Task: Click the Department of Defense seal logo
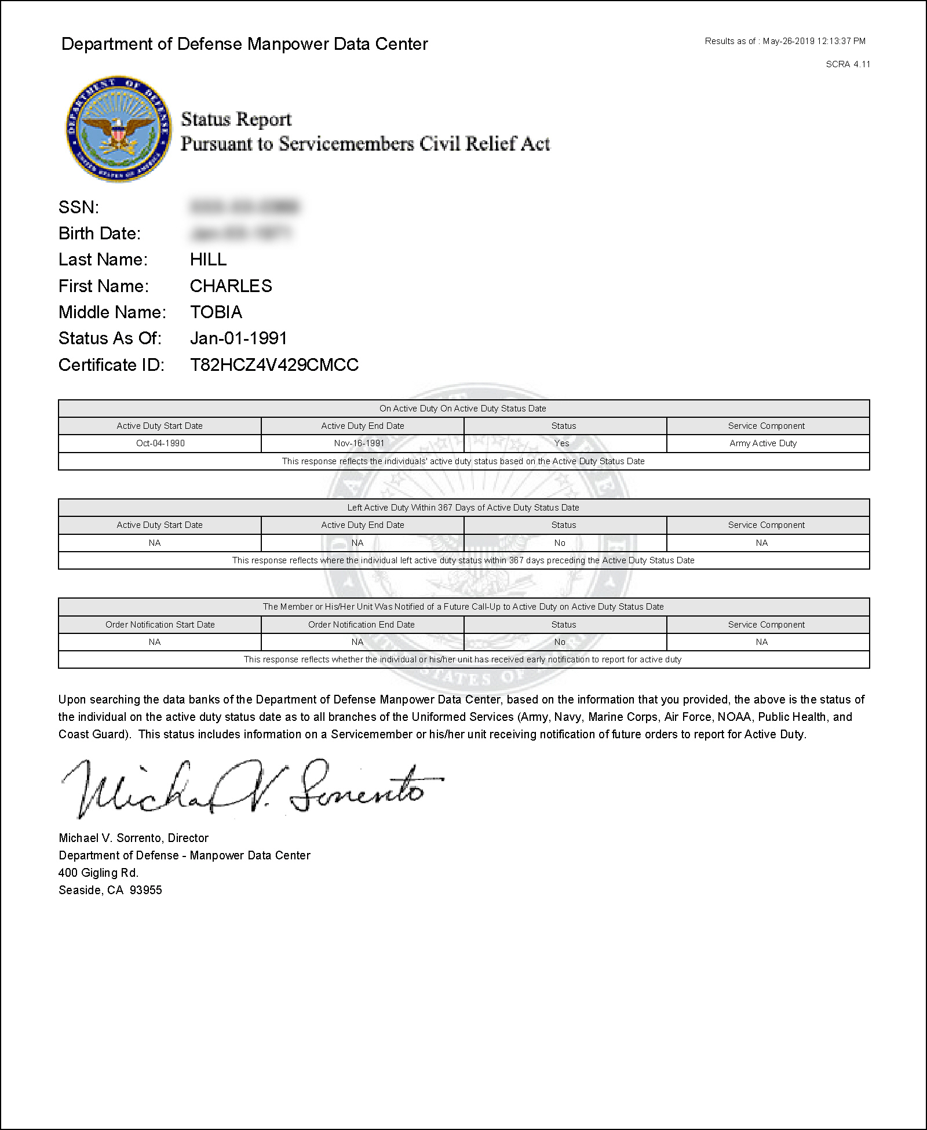point(118,129)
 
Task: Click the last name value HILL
point(208,260)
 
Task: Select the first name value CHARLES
point(231,286)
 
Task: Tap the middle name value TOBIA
point(216,312)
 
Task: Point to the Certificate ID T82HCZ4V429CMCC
point(274,365)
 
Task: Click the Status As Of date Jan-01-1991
point(238,338)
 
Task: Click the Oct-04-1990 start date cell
point(160,443)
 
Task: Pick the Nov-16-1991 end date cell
point(359,443)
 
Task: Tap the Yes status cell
point(561,443)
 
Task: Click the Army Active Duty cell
point(763,443)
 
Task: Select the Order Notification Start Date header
point(160,625)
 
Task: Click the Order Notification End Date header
point(362,625)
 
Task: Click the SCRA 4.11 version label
point(848,64)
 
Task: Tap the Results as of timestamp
point(785,41)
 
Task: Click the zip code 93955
point(145,890)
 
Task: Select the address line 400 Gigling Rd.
point(98,873)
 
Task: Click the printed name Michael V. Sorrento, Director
point(133,838)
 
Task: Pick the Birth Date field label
point(100,234)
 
